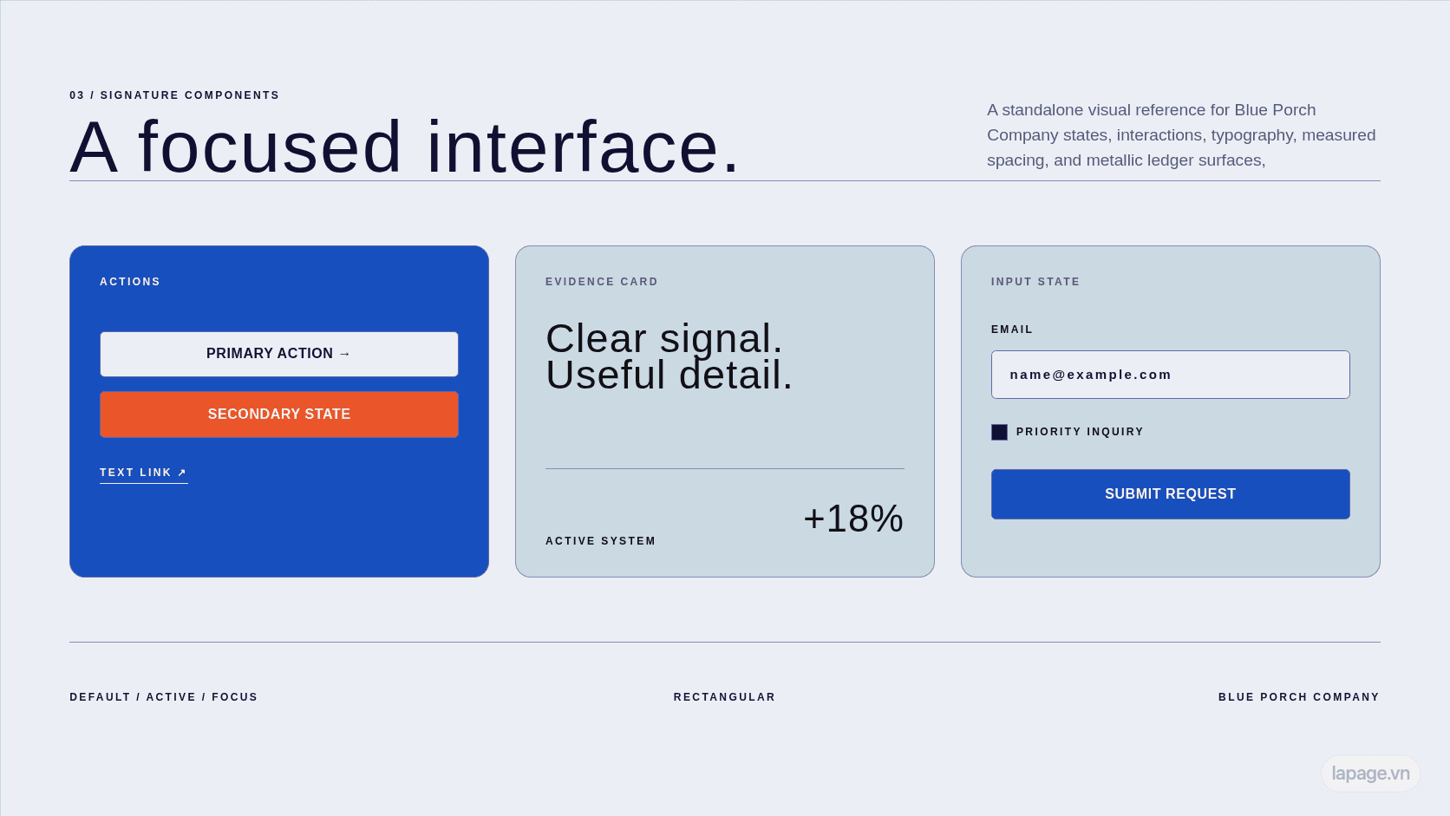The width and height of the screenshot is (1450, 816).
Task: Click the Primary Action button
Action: pos(279,354)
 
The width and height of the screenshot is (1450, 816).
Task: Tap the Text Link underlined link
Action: pos(144,473)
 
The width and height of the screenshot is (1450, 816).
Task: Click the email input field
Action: pos(1171,375)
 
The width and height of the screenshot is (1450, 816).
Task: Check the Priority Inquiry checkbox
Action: pos(999,432)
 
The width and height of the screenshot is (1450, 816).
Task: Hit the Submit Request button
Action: pos(1171,494)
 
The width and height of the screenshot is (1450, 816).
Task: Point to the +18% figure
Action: pos(853,519)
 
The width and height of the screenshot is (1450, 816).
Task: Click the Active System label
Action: pos(601,541)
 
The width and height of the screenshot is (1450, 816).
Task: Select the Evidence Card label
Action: pos(601,282)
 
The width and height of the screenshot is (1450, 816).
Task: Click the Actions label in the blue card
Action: pos(130,282)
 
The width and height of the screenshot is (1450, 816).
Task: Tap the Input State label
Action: pos(1035,282)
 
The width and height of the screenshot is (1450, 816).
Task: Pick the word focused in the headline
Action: pos(270,147)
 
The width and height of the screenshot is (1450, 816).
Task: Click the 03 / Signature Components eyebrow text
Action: pos(175,95)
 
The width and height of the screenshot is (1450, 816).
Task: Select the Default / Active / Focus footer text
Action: pos(164,697)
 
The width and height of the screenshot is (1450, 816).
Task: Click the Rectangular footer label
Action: pos(724,697)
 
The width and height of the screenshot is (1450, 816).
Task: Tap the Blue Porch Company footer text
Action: pos(1299,697)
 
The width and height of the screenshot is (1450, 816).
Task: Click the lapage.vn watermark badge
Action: pos(1370,774)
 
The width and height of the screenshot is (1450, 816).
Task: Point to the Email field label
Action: pos(1012,330)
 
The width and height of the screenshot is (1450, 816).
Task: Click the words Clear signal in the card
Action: pos(664,338)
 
